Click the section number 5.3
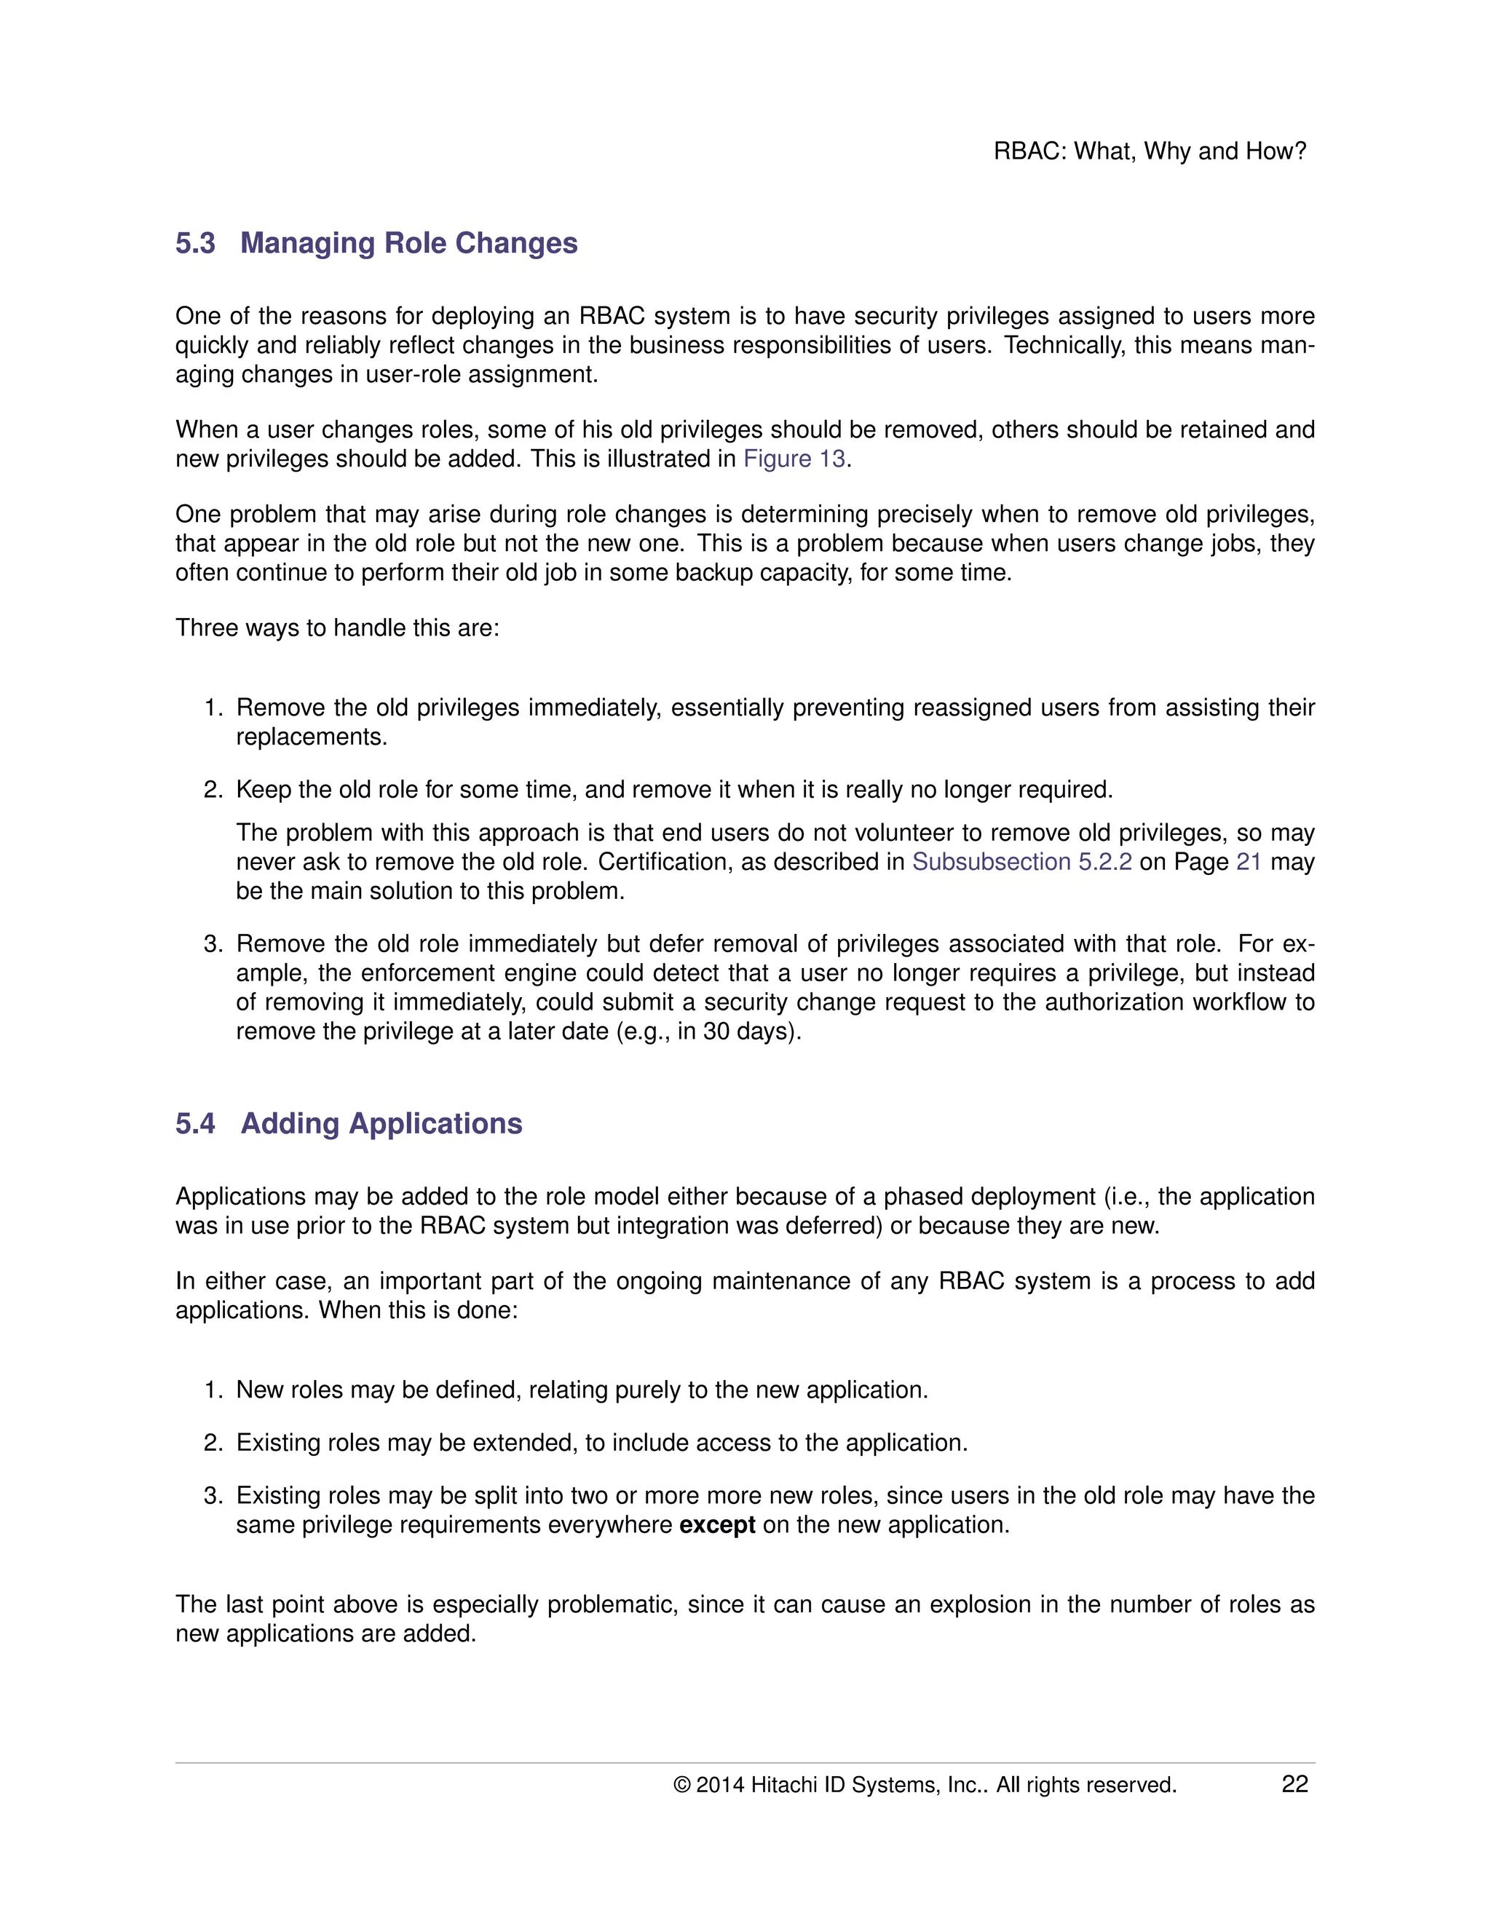click(195, 243)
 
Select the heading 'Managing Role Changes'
click(409, 243)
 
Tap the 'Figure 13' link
click(794, 459)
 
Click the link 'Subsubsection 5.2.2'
click(1021, 862)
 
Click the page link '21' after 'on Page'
click(1248, 862)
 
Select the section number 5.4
click(195, 1123)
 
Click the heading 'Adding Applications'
click(381, 1123)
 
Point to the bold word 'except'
click(716, 1525)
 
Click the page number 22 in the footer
click(1294, 1784)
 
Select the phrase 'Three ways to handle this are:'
click(337, 628)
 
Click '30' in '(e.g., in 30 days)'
click(716, 1031)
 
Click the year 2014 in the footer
click(721, 1785)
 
